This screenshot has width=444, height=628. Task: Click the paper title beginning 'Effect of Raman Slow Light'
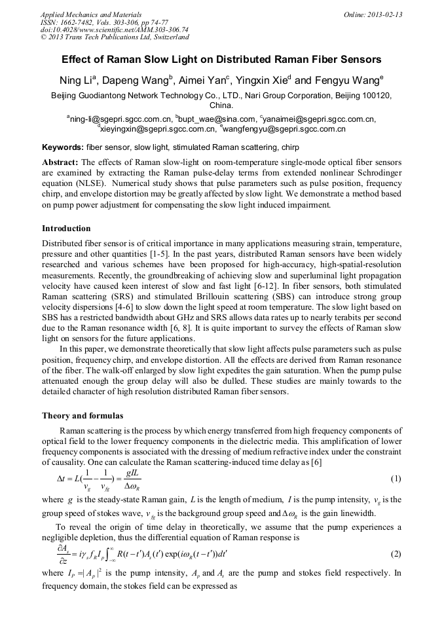[x=221, y=60]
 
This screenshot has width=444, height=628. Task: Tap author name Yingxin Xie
[x=267, y=81]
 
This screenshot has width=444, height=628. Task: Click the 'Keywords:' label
[x=63, y=147]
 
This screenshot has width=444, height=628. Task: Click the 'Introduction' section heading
[x=66, y=229]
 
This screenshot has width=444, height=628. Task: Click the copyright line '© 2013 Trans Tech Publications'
[x=115, y=37]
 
